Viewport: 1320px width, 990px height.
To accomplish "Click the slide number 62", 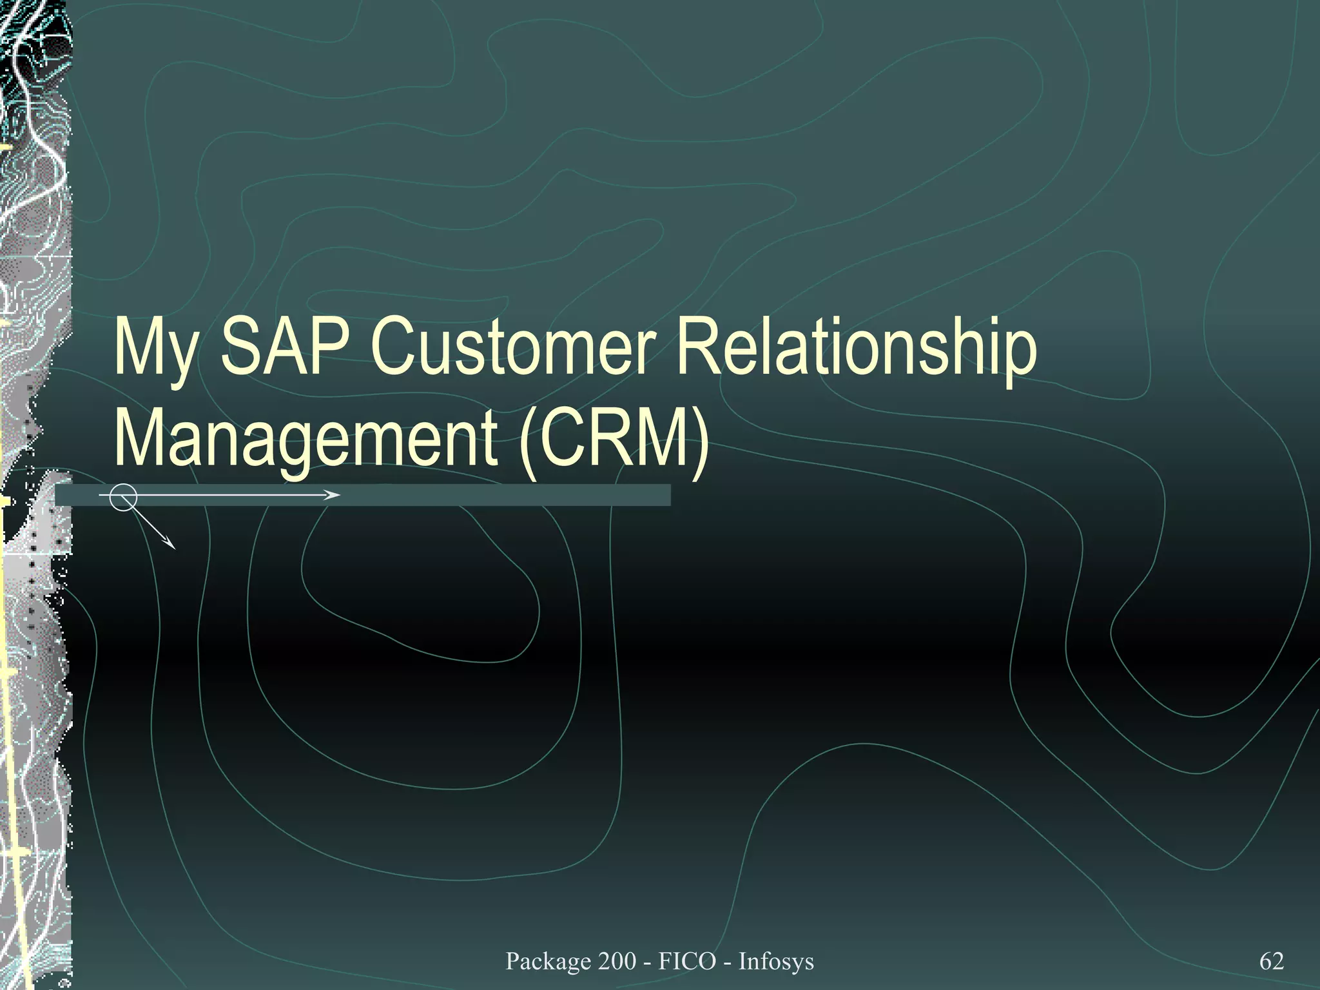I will [1271, 961].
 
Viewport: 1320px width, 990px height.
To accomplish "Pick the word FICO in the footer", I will [687, 961].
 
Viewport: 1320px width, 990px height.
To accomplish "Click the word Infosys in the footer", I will [776, 961].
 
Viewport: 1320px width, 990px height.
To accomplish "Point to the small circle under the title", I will [122, 497].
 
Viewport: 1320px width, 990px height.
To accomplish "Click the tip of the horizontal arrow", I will [338, 495].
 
